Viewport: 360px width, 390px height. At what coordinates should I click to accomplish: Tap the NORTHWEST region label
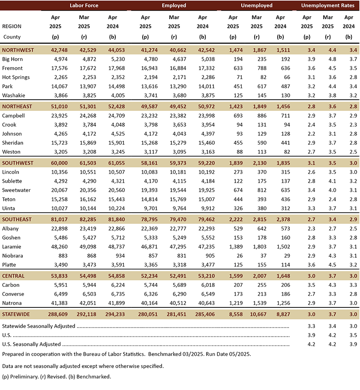18,50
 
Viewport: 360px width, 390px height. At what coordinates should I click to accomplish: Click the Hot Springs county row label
16,77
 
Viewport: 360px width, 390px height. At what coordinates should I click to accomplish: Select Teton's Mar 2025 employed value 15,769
174,199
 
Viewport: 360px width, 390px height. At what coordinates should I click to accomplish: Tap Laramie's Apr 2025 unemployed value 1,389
233,247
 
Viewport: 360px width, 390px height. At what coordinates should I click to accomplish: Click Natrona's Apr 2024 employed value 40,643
198,303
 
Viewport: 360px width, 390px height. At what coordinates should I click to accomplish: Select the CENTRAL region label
13,276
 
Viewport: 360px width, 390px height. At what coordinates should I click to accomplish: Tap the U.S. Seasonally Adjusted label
31,344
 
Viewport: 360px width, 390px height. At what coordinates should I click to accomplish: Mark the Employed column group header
174,6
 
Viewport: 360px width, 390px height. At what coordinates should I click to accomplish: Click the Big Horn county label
12,59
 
